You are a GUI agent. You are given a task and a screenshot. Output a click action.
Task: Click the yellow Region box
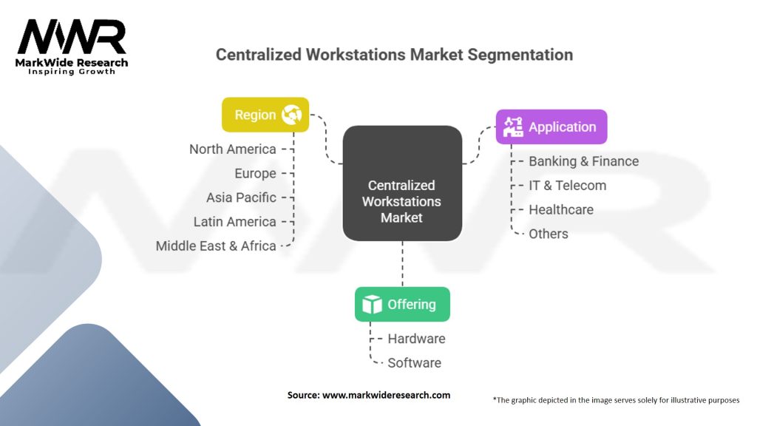(x=265, y=115)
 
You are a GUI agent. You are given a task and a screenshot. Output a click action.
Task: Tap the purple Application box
(x=551, y=126)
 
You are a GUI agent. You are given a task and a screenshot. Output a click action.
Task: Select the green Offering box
(x=402, y=304)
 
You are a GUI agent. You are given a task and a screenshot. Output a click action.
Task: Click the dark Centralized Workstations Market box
(x=402, y=183)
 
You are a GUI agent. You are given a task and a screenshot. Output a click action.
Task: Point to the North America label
(x=233, y=149)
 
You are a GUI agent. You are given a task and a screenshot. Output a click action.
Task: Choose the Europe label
(x=255, y=173)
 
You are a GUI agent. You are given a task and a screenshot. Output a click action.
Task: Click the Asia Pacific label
(x=242, y=197)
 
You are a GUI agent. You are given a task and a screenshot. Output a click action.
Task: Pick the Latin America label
(x=234, y=222)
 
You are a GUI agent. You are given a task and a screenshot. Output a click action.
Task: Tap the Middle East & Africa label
(x=216, y=246)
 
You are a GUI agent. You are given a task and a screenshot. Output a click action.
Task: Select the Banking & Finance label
(x=584, y=161)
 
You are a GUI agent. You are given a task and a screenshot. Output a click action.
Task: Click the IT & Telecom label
(x=567, y=186)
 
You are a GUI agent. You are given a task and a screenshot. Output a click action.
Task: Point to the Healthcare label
(x=561, y=209)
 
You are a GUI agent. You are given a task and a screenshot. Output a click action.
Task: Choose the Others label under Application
(x=549, y=234)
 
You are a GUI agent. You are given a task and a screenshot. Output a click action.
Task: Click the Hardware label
(x=416, y=339)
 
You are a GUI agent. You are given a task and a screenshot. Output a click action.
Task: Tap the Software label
(x=414, y=362)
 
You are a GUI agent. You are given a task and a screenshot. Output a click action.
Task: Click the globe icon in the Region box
(x=291, y=115)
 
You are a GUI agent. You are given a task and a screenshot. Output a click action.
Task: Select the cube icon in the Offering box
(x=373, y=304)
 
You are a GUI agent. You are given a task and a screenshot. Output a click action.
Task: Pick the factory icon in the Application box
(x=513, y=126)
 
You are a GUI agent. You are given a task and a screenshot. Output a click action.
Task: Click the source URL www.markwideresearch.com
(x=386, y=395)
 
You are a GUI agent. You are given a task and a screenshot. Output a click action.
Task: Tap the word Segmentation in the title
(x=520, y=55)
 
